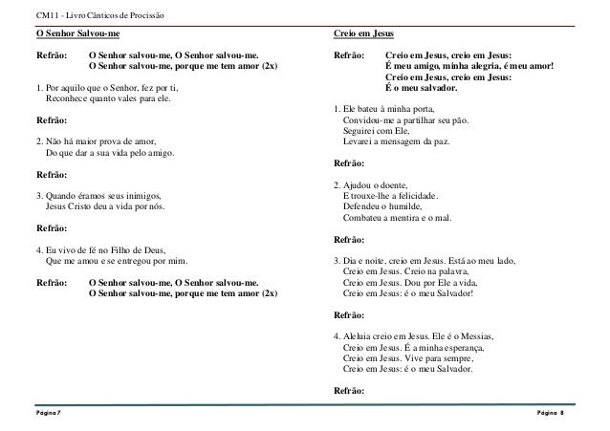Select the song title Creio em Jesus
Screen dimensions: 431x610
[x=364, y=33]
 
